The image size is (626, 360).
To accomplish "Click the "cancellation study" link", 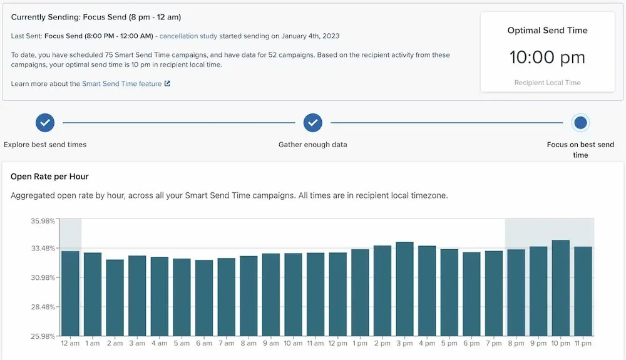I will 188,36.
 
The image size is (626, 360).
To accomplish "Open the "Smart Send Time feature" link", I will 121,84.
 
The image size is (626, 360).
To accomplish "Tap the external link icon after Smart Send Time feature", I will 167,84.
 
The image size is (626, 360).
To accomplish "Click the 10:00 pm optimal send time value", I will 547,58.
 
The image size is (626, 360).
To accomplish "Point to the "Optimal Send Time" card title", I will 547,30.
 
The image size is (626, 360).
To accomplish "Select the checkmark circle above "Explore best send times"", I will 45,123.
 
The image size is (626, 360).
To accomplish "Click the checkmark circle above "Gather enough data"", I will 313,123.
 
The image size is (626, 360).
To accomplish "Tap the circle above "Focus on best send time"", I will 580,123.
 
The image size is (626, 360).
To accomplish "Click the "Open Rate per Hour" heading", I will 49,177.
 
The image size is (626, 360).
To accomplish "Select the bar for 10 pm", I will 561,288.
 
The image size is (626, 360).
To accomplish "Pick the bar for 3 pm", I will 405,289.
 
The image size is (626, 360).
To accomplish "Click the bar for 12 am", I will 70,293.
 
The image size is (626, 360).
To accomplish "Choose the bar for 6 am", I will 204,297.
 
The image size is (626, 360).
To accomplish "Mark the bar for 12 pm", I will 338,294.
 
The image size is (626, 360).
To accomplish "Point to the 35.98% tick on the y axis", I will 43,221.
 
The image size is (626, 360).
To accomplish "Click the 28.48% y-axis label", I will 43,307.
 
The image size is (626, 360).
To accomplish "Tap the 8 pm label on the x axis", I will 516,344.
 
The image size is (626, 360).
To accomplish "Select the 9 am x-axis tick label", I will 270,344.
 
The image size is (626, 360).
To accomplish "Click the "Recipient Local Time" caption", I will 547,83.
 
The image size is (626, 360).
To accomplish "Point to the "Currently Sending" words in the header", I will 42,17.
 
